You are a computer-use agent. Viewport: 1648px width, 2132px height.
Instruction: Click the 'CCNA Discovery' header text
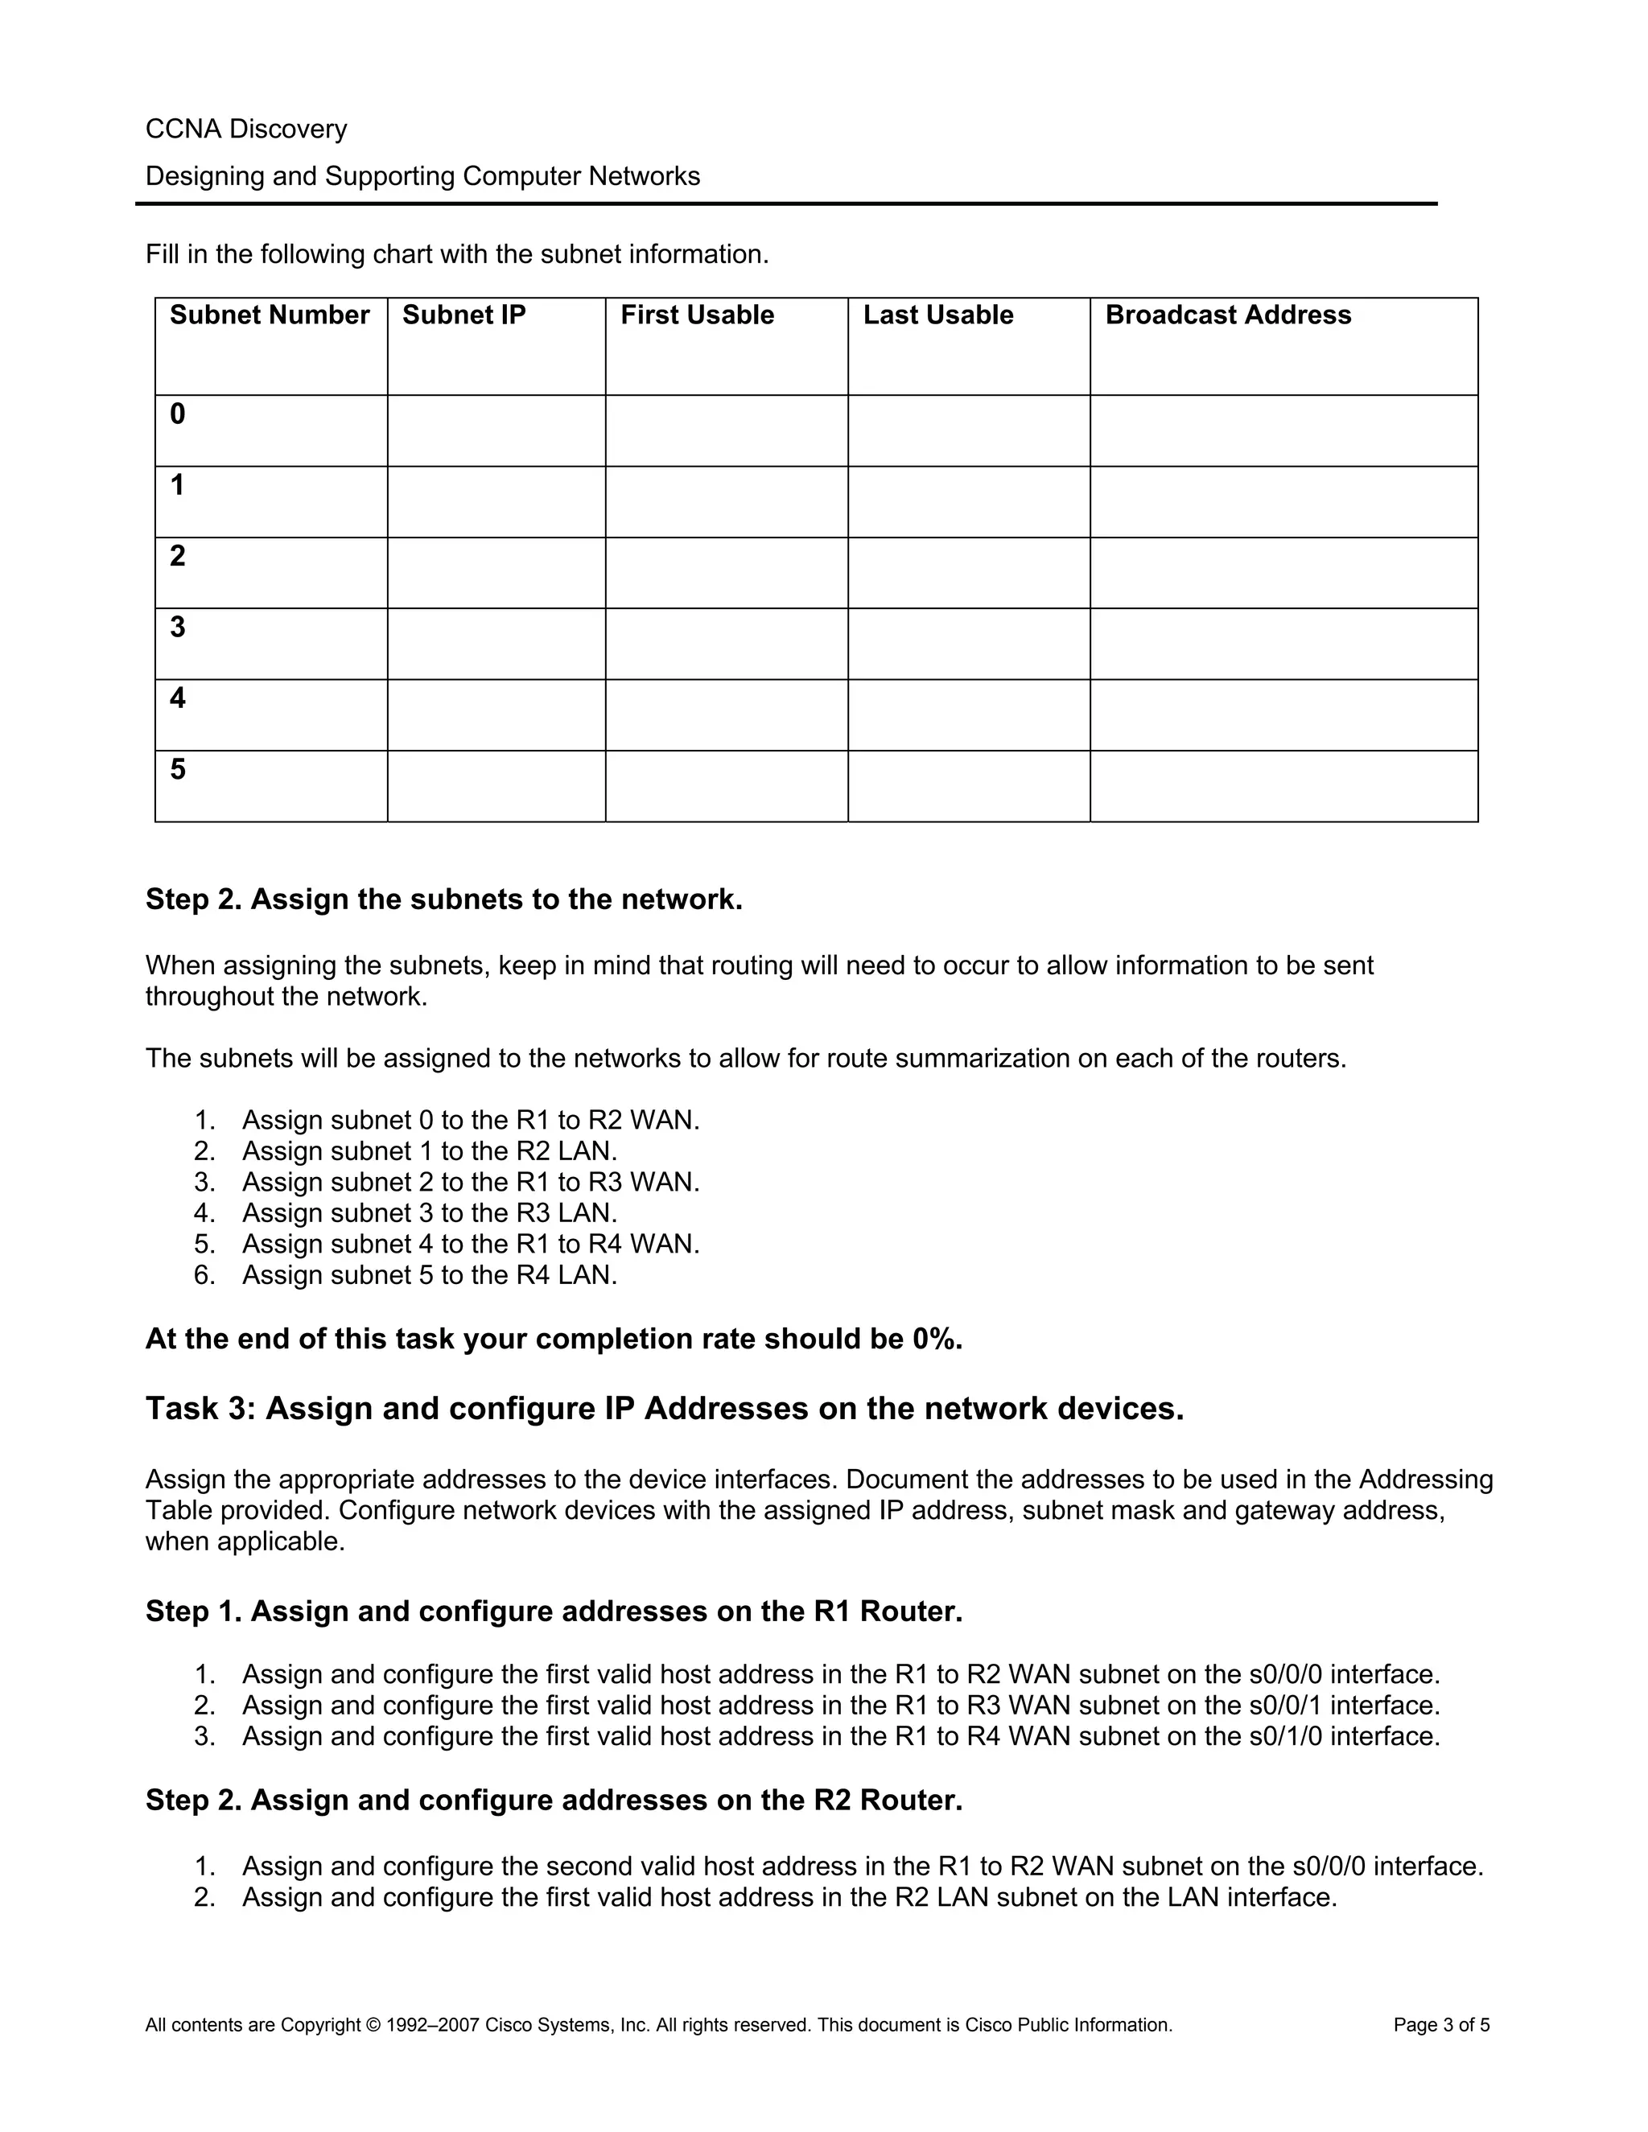pyautogui.click(x=246, y=129)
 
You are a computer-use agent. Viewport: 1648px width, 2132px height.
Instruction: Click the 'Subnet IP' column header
pyautogui.click(x=463, y=315)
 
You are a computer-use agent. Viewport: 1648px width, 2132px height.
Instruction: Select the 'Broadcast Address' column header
pyautogui.click(x=1227, y=315)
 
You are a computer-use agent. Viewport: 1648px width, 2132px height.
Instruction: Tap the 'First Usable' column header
pyautogui.click(x=696, y=315)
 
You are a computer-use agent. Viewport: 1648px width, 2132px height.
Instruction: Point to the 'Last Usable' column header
pyautogui.click(x=937, y=315)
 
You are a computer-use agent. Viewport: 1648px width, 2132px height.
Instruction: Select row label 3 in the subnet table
pyautogui.click(x=178, y=627)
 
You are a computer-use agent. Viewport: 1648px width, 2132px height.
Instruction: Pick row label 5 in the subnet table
pyautogui.click(x=178, y=769)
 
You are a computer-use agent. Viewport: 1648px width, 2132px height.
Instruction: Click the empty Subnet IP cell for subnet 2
pyautogui.click(x=496, y=573)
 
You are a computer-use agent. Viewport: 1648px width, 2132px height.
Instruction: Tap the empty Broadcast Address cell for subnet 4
pyautogui.click(x=1283, y=714)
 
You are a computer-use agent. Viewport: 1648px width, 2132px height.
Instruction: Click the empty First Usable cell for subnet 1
pyautogui.click(x=727, y=502)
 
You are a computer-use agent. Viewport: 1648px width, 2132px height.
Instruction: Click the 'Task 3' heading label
pyautogui.click(x=200, y=1409)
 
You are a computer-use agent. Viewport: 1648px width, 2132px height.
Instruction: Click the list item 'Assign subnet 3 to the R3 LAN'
pyautogui.click(x=430, y=1212)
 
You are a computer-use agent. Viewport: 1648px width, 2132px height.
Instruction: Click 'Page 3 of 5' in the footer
pyautogui.click(x=1441, y=2025)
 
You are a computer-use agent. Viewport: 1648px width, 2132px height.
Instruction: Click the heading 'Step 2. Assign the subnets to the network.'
pyautogui.click(x=444, y=899)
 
